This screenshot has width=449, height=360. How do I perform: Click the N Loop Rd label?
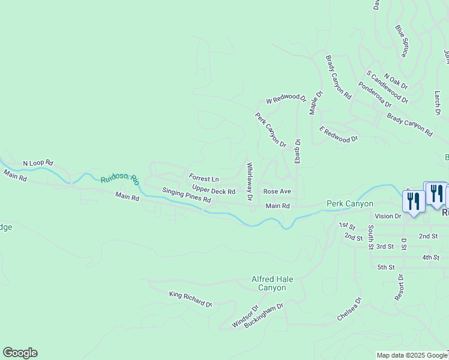coord(38,163)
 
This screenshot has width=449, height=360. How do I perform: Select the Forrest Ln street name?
coord(204,178)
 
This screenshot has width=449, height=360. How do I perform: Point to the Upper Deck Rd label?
coord(213,191)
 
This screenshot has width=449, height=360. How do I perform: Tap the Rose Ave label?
coord(277,191)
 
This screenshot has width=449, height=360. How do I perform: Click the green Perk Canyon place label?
coord(349,204)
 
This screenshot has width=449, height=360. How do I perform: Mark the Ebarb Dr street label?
coord(297,151)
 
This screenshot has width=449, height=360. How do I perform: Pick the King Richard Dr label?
coord(191,299)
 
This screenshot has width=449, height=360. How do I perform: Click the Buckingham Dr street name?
coord(263,315)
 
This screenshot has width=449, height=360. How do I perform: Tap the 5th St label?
coord(385,267)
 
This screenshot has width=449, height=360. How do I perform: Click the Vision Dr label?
coord(387,216)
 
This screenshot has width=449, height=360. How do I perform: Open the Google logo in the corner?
coord(20,353)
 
